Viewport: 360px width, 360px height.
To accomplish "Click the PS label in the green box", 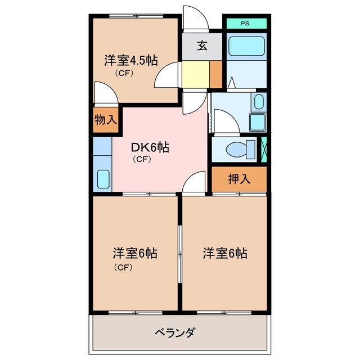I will coord(245,24).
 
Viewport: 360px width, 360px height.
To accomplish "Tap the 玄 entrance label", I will coord(202,46).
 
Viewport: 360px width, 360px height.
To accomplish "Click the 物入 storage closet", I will coord(106,120).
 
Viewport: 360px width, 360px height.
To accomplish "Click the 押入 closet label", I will coord(239,179).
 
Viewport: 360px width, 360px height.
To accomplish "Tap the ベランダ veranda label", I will coord(175,332).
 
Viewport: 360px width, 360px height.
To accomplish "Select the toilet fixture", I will coord(236,150).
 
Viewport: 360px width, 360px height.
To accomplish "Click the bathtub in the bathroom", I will coord(246,46).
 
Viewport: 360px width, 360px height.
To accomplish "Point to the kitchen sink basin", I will coord(102,179).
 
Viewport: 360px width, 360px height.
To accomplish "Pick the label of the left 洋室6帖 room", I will coord(134,254).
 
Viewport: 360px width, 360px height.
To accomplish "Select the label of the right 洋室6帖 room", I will coord(225,254).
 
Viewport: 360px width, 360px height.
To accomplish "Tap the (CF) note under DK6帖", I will coord(141,160).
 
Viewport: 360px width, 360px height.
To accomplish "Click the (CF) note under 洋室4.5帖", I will coord(124,73).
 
